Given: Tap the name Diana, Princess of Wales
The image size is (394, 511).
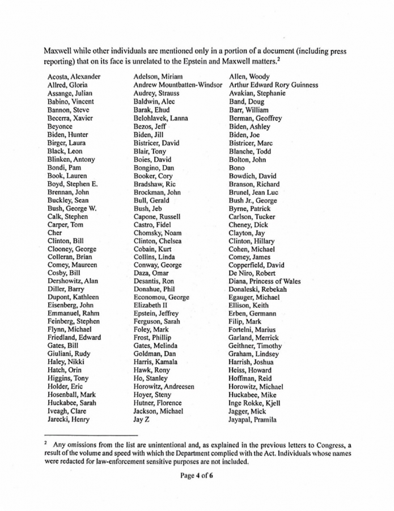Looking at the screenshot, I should pyautogui.click(x=265, y=281).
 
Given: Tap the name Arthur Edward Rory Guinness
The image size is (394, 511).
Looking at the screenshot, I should pyautogui.click(x=273, y=85).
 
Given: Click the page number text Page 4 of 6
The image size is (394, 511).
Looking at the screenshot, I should pyautogui.click(x=197, y=476).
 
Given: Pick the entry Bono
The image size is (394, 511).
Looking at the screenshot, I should pyautogui.click(x=237, y=167).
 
